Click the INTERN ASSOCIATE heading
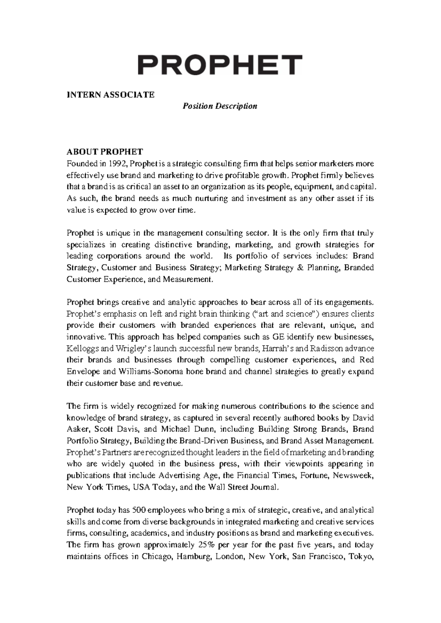(x=110, y=95)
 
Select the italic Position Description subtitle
(x=220, y=106)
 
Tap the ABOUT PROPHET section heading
(x=104, y=152)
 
